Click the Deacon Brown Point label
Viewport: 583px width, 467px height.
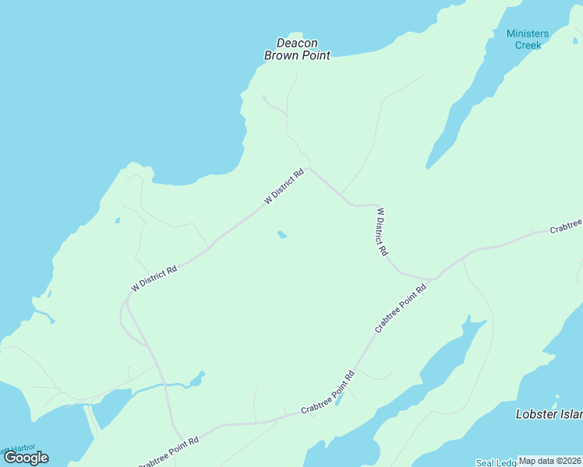(x=297, y=49)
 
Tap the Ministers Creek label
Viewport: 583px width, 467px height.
(x=528, y=39)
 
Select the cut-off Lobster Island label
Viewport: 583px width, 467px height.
(x=549, y=414)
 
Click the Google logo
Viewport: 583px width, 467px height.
(x=26, y=458)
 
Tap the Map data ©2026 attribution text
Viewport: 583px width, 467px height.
(x=549, y=461)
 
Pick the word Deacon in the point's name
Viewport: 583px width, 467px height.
(x=297, y=44)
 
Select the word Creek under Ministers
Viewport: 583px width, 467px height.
(x=528, y=45)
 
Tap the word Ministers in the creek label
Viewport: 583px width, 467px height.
(x=528, y=33)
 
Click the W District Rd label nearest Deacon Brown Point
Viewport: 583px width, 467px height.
(x=283, y=188)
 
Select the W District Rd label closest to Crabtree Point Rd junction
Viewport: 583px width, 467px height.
(x=382, y=232)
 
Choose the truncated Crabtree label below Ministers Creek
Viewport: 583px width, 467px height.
(x=566, y=228)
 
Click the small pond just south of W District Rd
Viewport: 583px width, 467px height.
(x=282, y=234)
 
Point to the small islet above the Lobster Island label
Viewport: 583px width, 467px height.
(x=549, y=359)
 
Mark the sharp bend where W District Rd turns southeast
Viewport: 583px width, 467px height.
(x=309, y=167)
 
